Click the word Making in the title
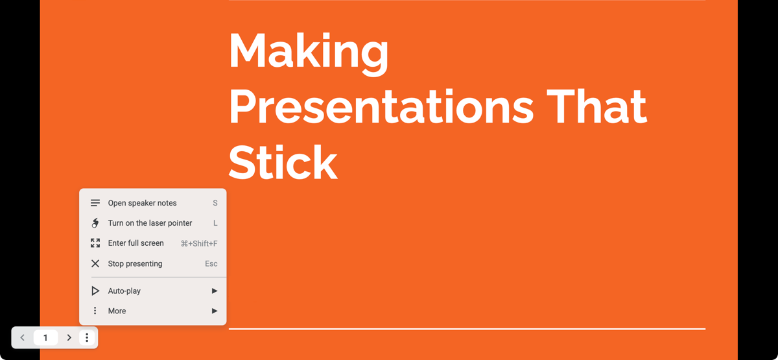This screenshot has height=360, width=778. (309, 53)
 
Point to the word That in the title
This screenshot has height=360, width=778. (596, 107)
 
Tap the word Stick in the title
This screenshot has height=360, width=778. (283, 162)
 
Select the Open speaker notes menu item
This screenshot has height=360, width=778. (142, 203)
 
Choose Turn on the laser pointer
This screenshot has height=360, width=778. (150, 223)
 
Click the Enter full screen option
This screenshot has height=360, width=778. (136, 243)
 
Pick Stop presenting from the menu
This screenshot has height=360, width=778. (135, 264)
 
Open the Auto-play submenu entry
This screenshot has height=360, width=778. (124, 291)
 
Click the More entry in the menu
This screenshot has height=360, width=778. (117, 311)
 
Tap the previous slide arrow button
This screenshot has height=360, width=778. (23, 338)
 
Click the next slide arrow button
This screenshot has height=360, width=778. (69, 338)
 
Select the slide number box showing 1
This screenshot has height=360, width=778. (45, 338)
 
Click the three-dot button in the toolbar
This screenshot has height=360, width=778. (87, 338)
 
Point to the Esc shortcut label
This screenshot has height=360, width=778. (211, 264)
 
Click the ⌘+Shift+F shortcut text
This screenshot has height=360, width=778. (199, 244)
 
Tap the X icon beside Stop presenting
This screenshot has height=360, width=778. (95, 264)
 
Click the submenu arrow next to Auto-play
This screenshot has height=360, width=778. (215, 291)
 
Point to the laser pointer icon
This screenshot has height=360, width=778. (95, 223)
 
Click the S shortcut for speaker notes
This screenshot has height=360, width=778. (215, 203)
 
